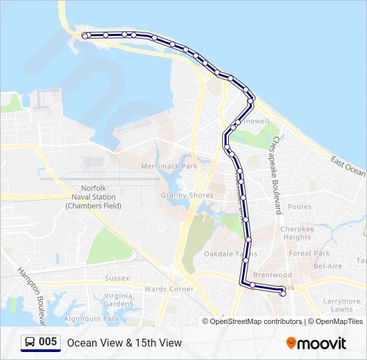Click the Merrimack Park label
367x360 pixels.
coord(169,165)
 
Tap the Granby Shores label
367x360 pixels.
coord(187,195)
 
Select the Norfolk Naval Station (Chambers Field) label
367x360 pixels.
coord(94,197)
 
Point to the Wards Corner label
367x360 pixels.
coord(169,289)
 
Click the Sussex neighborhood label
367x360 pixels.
coord(117,278)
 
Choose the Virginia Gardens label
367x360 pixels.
coord(119,299)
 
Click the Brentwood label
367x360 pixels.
coord(272,275)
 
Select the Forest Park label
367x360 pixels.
coord(309,253)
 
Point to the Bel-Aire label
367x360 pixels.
coord(328,265)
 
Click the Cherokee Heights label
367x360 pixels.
coord(297,233)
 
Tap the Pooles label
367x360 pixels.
coord(300,207)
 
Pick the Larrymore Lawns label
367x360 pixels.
coord(342,305)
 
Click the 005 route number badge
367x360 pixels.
coord(47,342)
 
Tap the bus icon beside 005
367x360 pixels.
coord(29,343)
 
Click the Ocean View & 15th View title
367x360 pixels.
coord(124,343)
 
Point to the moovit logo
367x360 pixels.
coord(316,343)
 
